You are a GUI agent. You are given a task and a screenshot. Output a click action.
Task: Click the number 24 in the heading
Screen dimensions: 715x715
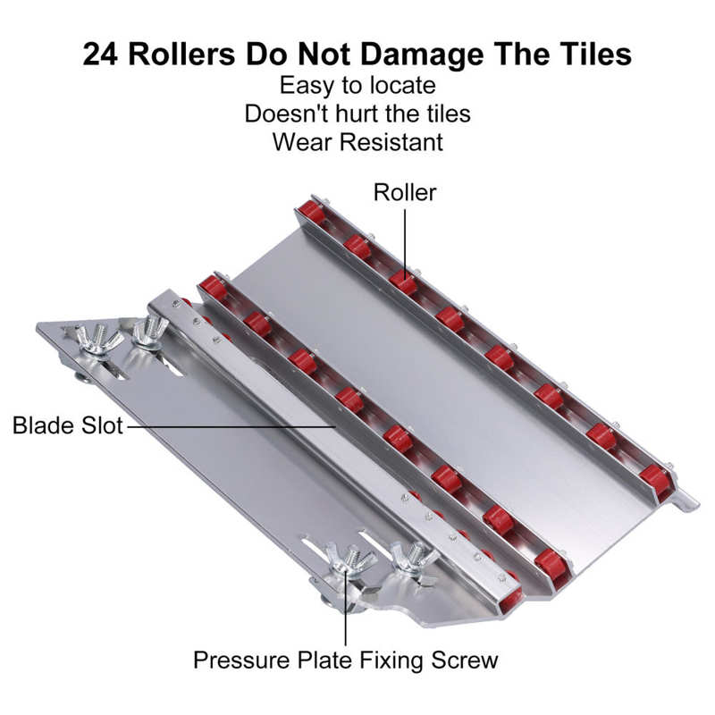[x=100, y=54]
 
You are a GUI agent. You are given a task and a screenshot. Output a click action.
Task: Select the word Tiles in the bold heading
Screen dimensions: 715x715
[x=597, y=54]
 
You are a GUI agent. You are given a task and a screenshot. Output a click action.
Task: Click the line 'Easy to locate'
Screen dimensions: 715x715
[x=357, y=85]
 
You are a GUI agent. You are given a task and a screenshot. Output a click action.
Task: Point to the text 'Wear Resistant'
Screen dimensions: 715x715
[x=357, y=142]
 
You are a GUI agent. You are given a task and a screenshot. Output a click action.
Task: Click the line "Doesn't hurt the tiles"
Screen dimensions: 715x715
[x=357, y=114]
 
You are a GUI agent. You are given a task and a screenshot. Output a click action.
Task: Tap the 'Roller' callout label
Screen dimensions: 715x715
[x=405, y=192]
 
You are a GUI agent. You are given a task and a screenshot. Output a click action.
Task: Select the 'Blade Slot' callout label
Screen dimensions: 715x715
[x=68, y=425]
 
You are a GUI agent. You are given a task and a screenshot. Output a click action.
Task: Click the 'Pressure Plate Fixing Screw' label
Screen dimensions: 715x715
[x=346, y=660]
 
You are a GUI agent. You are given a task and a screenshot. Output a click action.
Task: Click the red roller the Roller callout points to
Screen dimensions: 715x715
[x=404, y=282]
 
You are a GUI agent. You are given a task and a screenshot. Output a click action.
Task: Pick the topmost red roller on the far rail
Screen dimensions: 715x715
[x=311, y=212]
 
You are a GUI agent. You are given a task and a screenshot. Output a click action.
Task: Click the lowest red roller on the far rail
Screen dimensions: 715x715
[x=653, y=478]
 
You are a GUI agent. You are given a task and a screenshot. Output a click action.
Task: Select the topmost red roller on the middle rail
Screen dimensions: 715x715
[x=213, y=288]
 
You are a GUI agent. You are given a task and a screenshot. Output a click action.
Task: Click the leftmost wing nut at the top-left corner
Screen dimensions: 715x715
[x=97, y=339]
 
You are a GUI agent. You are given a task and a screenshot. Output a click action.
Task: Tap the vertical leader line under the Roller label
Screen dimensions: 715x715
[x=405, y=240]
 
